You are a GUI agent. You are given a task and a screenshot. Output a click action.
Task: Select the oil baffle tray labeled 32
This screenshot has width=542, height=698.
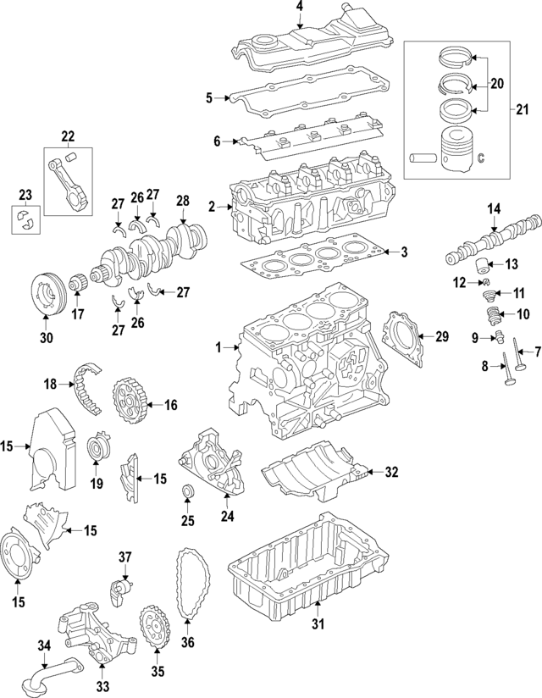[313, 472]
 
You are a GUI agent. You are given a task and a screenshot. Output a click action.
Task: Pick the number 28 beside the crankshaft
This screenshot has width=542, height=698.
[182, 201]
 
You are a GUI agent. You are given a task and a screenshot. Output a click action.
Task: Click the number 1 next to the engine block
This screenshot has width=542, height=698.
[218, 347]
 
